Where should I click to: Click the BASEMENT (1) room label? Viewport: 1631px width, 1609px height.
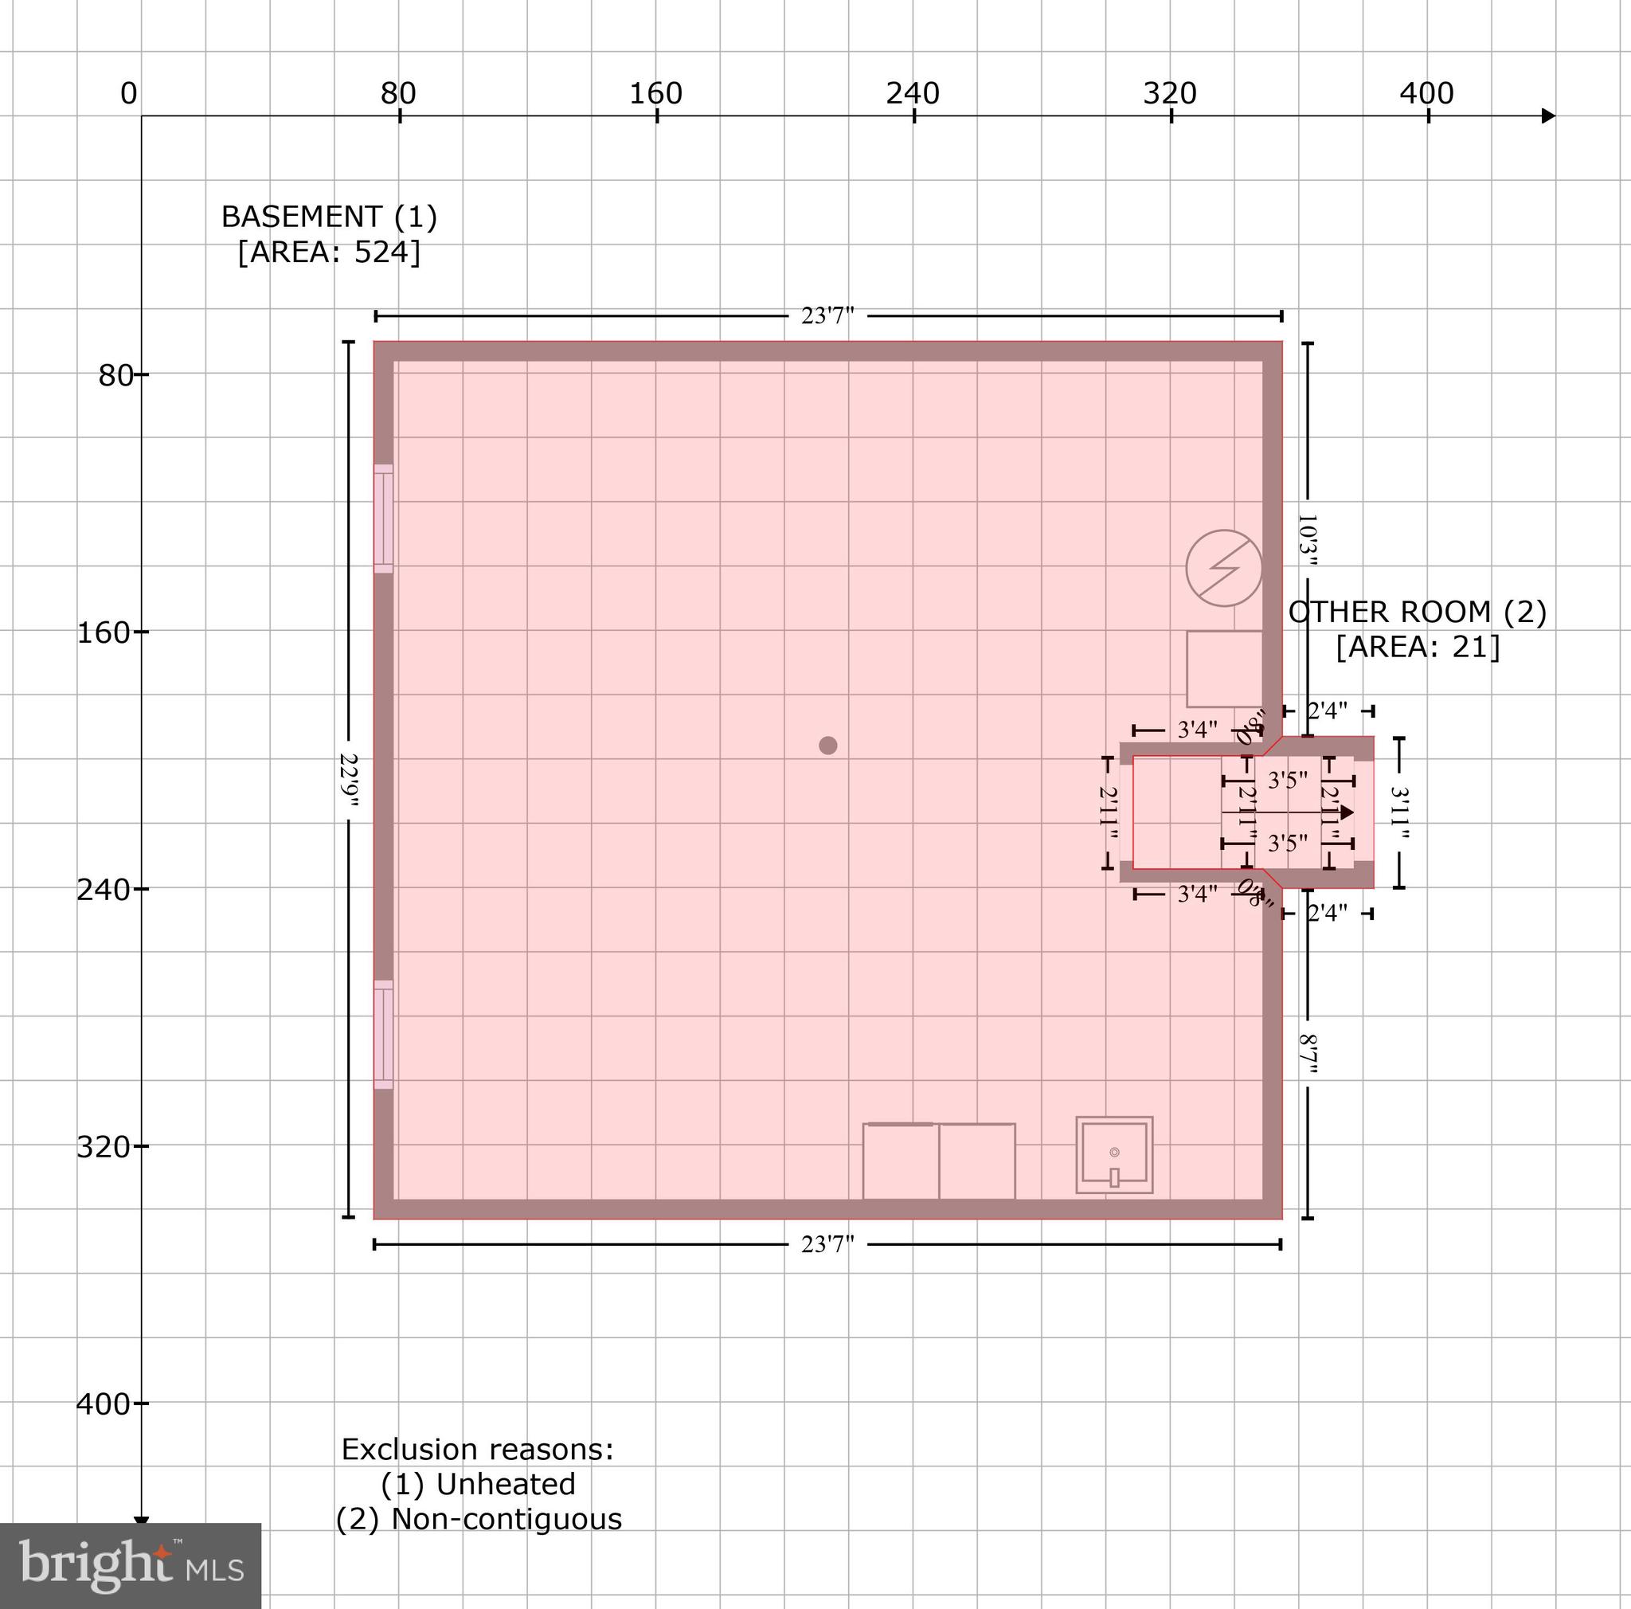(329, 217)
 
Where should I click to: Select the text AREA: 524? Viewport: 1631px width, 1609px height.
(329, 253)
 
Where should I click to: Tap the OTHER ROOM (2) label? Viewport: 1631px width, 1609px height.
(1418, 612)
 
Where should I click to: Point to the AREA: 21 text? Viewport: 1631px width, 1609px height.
(1418, 648)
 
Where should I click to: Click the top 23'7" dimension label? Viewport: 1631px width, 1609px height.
(827, 315)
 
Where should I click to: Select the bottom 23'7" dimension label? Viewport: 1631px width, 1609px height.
(827, 1244)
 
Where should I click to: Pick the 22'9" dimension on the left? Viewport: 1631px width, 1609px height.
(349, 780)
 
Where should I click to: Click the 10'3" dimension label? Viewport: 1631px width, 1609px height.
(1307, 539)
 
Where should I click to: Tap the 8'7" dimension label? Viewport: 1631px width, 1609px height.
(1307, 1055)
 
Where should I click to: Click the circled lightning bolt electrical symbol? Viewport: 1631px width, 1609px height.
(1223, 568)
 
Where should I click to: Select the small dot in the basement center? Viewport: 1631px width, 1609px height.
(827, 746)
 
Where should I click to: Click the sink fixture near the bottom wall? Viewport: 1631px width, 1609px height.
(1114, 1155)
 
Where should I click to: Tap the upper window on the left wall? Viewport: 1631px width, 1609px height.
(383, 519)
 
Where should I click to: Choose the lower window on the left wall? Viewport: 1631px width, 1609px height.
(383, 1034)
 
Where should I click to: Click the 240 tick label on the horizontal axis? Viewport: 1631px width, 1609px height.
(913, 94)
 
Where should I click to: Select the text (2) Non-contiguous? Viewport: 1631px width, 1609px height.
(479, 1520)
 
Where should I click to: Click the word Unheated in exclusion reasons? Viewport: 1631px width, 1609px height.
(506, 1484)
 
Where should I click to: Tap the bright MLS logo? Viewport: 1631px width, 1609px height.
(131, 1566)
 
